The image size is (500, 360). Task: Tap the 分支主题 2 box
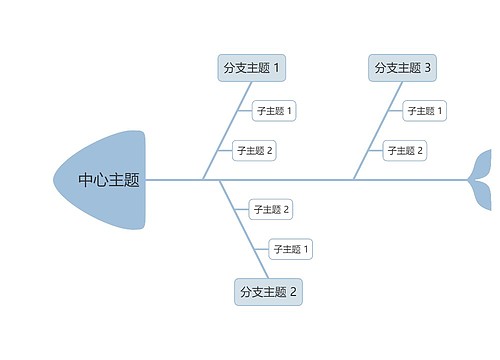pos(268,292)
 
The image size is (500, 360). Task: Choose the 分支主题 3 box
pos(403,68)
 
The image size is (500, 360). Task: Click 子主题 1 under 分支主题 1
pos(274,110)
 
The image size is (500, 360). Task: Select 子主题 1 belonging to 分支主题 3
pos(425,110)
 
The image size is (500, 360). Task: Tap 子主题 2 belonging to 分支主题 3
pos(405,151)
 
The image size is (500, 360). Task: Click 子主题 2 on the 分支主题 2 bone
pos(271,209)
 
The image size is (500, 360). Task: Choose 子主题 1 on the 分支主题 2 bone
pos(291,249)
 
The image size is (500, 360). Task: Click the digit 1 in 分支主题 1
pos(277,68)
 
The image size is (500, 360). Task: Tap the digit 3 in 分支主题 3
pos(428,68)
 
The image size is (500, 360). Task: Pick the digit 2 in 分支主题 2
pos(294,292)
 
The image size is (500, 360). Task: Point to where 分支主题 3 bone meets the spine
pos(353,180)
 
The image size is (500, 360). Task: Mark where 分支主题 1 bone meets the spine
pos(203,180)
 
